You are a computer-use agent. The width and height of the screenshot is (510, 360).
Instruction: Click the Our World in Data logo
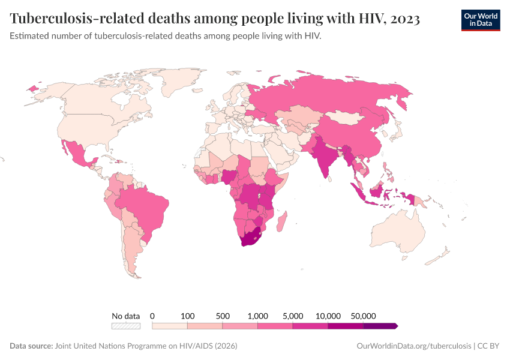480,20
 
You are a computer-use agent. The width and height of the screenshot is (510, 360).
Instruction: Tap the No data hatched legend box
126,326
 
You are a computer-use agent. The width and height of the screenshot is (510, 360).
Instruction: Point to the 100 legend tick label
188,316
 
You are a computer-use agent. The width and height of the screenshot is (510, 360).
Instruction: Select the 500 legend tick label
223,316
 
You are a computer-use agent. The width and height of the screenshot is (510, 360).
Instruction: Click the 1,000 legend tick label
258,316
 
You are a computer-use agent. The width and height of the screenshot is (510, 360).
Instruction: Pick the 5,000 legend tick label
293,316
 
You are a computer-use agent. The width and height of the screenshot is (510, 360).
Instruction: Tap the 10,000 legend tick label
328,316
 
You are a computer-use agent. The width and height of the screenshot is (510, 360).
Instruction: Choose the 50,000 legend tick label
364,316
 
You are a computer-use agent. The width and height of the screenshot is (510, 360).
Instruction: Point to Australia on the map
397,233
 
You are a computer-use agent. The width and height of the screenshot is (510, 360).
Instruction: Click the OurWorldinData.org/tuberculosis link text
413,346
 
